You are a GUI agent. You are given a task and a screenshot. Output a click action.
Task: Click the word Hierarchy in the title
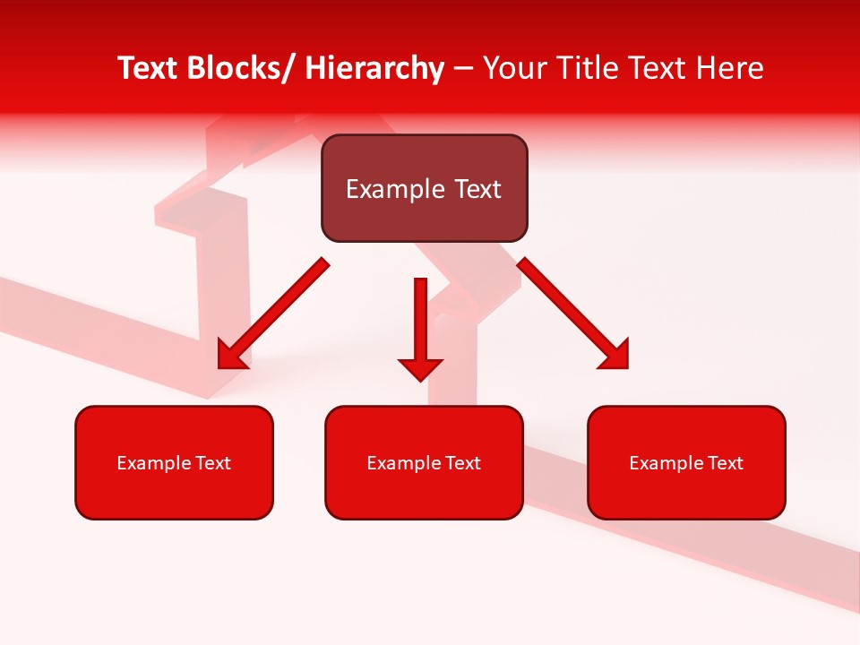click(x=374, y=68)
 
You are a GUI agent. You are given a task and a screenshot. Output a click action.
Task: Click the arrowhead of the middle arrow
click(x=420, y=368)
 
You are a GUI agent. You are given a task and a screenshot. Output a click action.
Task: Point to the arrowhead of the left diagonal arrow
click(x=231, y=355)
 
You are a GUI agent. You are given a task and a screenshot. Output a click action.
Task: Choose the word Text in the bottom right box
click(x=727, y=463)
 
